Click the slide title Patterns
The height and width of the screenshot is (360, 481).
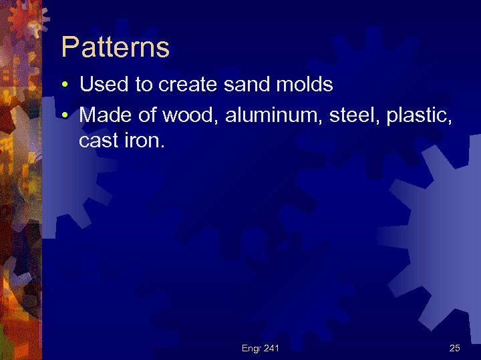[115, 48]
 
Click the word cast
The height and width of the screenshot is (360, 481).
[98, 141]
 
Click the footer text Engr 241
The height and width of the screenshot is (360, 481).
[261, 348]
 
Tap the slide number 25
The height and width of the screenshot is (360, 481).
[455, 348]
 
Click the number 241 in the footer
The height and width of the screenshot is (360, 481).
[272, 348]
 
